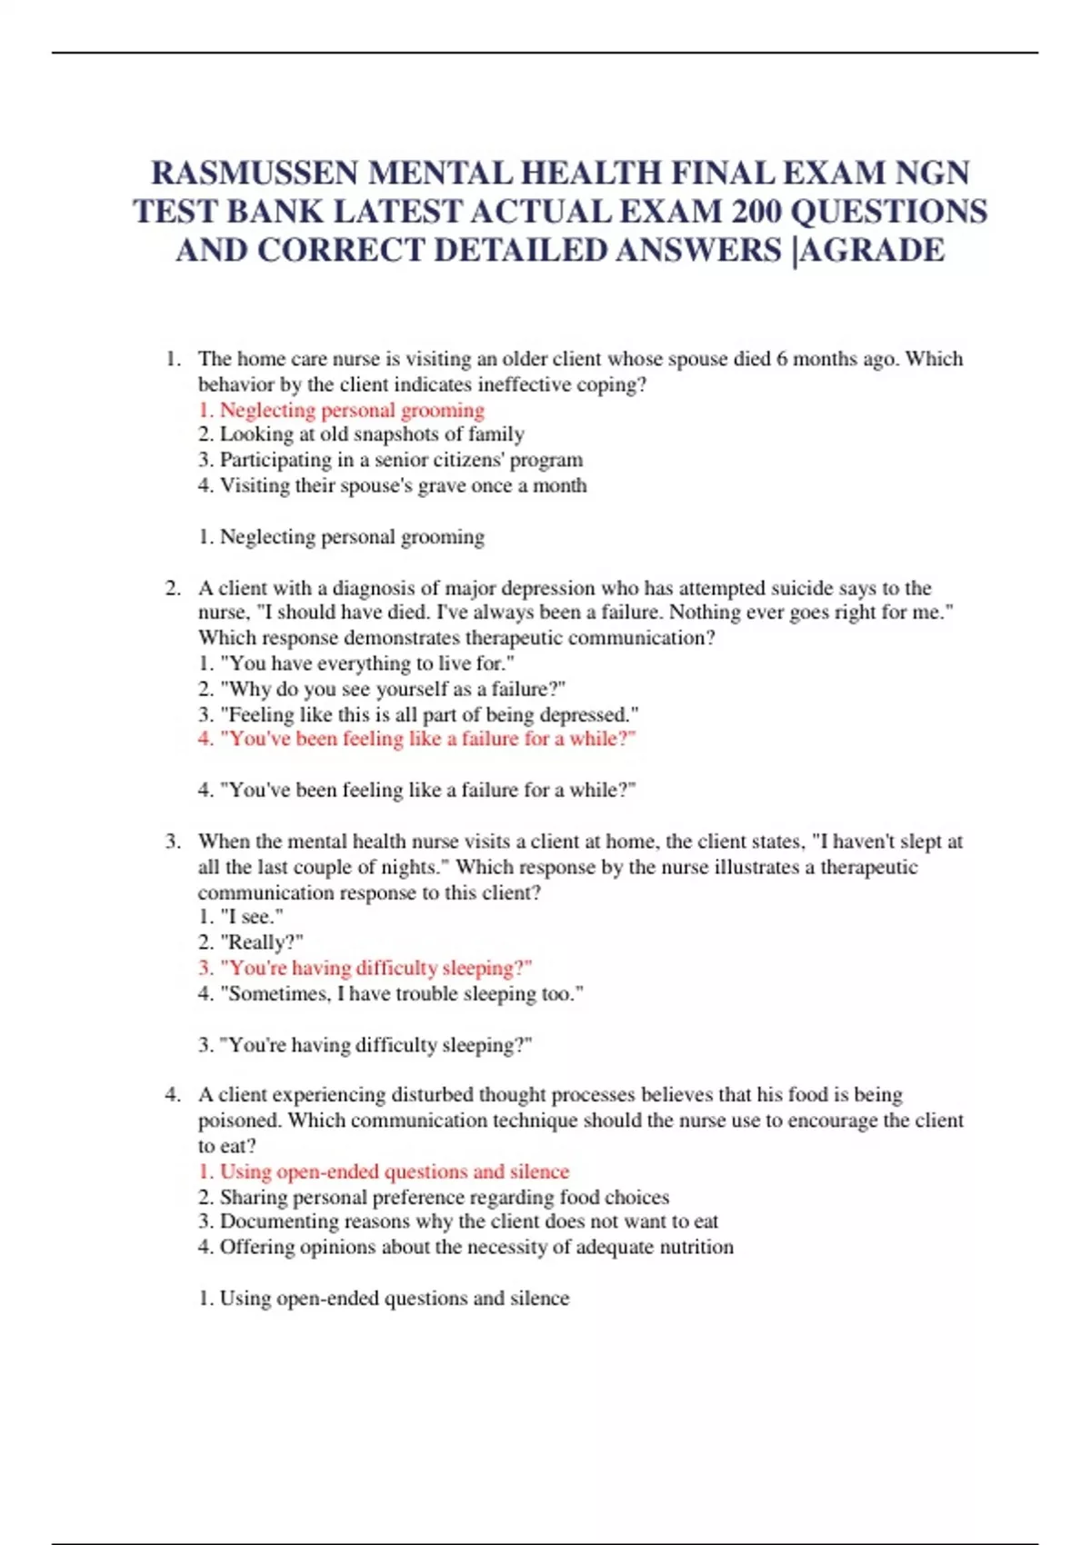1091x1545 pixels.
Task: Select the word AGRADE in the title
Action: click(874, 250)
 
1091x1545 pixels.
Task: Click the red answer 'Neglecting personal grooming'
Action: click(342, 410)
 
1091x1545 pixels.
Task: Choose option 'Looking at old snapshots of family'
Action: click(361, 434)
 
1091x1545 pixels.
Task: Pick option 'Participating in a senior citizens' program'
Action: click(390, 460)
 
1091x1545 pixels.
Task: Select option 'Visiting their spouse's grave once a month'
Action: click(392, 485)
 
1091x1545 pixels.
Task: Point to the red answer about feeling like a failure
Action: click(416, 739)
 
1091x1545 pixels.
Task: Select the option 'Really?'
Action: click(251, 942)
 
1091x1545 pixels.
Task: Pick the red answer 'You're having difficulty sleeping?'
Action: click(365, 968)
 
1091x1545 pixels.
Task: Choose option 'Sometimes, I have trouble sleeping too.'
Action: click(390, 993)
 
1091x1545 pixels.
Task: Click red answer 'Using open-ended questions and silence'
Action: click(384, 1171)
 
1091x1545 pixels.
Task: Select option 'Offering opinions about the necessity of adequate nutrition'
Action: click(465, 1247)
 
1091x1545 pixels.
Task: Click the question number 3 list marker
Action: click(173, 842)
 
